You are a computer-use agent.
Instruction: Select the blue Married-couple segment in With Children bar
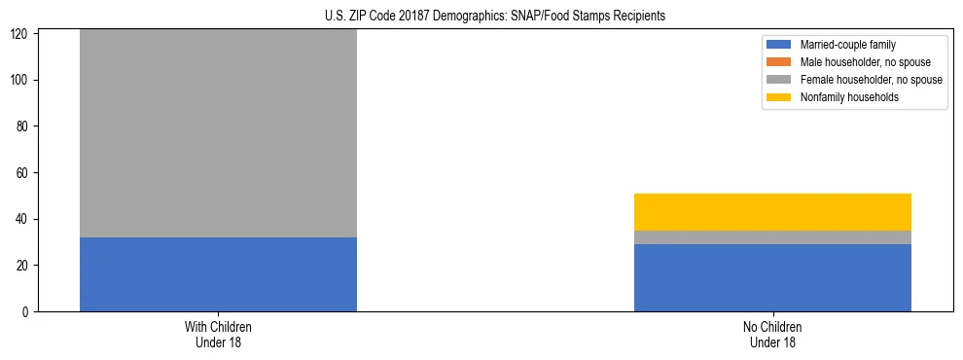click(218, 274)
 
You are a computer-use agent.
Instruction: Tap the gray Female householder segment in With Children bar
click(218, 133)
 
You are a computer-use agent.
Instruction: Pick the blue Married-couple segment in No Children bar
click(772, 277)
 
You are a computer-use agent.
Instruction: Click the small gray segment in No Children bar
click(772, 237)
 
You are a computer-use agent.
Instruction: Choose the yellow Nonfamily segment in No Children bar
click(772, 212)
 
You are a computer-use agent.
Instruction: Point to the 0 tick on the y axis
click(27, 312)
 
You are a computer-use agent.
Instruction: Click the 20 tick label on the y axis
click(24, 266)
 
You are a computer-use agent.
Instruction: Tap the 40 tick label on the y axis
click(24, 219)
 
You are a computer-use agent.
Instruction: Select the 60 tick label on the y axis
click(24, 173)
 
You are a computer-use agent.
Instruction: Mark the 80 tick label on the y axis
click(24, 126)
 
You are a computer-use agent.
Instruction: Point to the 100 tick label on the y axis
click(21, 80)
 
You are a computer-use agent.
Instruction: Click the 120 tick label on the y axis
click(21, 34)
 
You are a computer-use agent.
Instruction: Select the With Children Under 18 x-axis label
click(218, 334)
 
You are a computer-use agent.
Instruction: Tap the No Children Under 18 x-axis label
click(772, 334)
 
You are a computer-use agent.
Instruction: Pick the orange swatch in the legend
click(780, 62)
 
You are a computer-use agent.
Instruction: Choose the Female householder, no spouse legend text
click(871, 80)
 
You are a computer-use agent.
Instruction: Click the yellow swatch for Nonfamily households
click(780, 97)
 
